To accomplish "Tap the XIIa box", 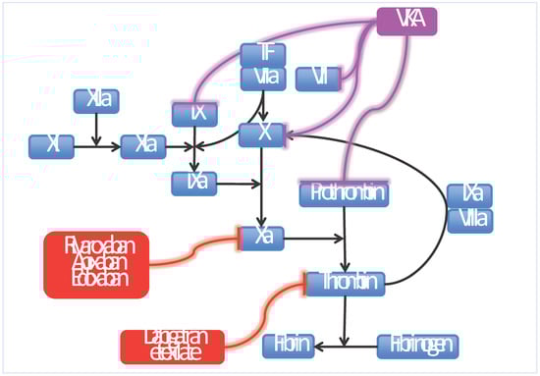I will point(96,100).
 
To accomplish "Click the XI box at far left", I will point(52,146).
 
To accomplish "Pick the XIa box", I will point(143,146).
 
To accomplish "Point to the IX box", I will point(194,114).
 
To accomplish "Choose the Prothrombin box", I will point(345,194).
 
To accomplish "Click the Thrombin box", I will point(344,283).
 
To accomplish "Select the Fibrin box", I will point(288,346).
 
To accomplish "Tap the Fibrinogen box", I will point(417,346).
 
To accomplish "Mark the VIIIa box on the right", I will point(469,221).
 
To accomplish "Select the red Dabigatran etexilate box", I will point(173,346).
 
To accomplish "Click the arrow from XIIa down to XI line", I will point(95,128).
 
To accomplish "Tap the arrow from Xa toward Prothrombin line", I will point(314,238).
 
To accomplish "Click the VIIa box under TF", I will point(263,79).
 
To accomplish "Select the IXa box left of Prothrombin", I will point(194,183).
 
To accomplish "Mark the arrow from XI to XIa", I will point(97,146).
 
